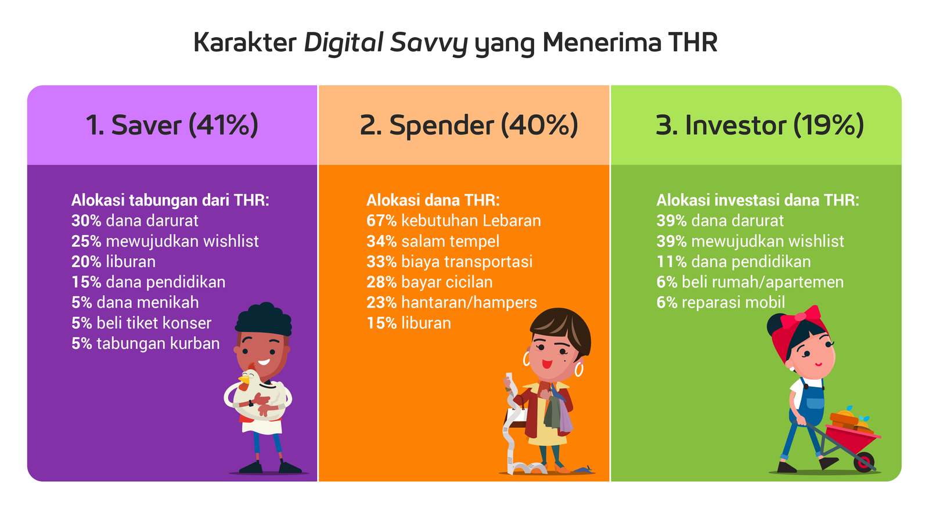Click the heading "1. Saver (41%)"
tap(172, 125)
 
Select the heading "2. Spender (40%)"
tap(469, 125)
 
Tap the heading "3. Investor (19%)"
tap(760, 125)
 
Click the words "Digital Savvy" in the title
tap(386, 43)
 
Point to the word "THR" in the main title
tap(693, 42)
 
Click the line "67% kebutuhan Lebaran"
tap(453, 221)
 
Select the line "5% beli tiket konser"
tap(142, 323)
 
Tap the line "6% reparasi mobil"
tap(721, 302)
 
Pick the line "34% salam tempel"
tap(433, 241)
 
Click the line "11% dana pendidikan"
tap(734, 262)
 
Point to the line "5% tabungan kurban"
tap(146, 344)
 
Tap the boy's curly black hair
tap(264, 319)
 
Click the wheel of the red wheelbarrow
tap(865, 461)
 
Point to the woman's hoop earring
tap(579, 370)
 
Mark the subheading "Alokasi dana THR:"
tap(433, 200)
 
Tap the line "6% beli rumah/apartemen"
tap(750, 282)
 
